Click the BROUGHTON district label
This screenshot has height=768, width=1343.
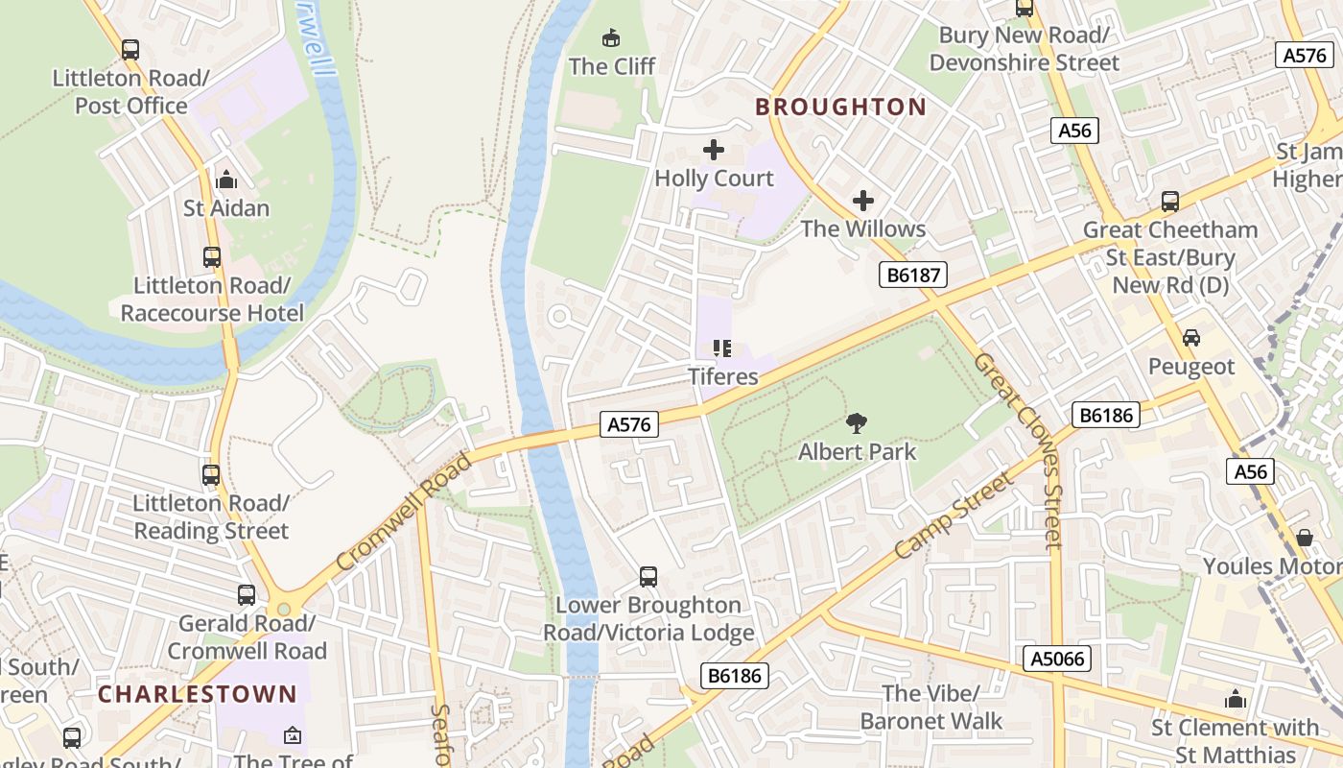[840, 107]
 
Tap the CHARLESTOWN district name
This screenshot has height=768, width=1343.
[198, 693]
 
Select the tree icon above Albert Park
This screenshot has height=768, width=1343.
[857, 423]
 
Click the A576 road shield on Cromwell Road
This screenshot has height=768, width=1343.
[629, 424]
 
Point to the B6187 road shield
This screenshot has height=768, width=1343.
[913, 276]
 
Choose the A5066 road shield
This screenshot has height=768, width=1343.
[1057, 659]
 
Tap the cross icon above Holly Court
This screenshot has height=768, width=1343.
[714, 150]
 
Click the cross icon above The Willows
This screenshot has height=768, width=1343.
[863, 201]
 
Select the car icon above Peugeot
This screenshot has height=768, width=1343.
[1190, 338]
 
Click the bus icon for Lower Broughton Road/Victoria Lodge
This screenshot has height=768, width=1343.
[648, 577]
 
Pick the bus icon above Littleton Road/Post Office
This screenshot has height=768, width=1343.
[130, 49]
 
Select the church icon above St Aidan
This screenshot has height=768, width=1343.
[226, 180]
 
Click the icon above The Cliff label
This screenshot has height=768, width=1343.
[610, 38]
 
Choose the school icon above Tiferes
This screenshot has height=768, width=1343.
[722, 348]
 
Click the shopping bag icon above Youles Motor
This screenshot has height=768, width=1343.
[1304, 538]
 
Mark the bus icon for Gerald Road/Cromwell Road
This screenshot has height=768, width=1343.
[247, 595]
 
